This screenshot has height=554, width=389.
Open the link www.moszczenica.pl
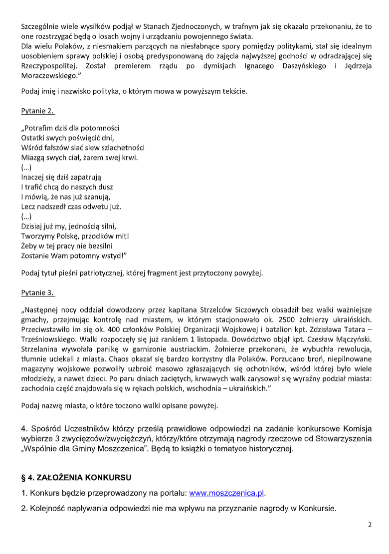[x=226, y=494]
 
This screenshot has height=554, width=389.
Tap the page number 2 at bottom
[x=370, y=525]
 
